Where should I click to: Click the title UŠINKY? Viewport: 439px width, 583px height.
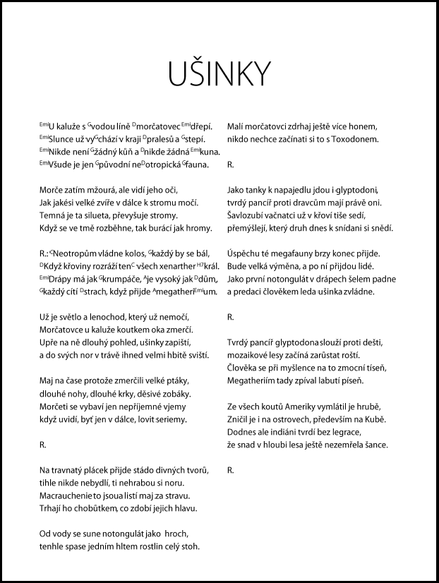(219, 73)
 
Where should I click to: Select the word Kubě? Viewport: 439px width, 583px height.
(375, 419)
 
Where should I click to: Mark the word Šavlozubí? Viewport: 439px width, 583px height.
(250, 215)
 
